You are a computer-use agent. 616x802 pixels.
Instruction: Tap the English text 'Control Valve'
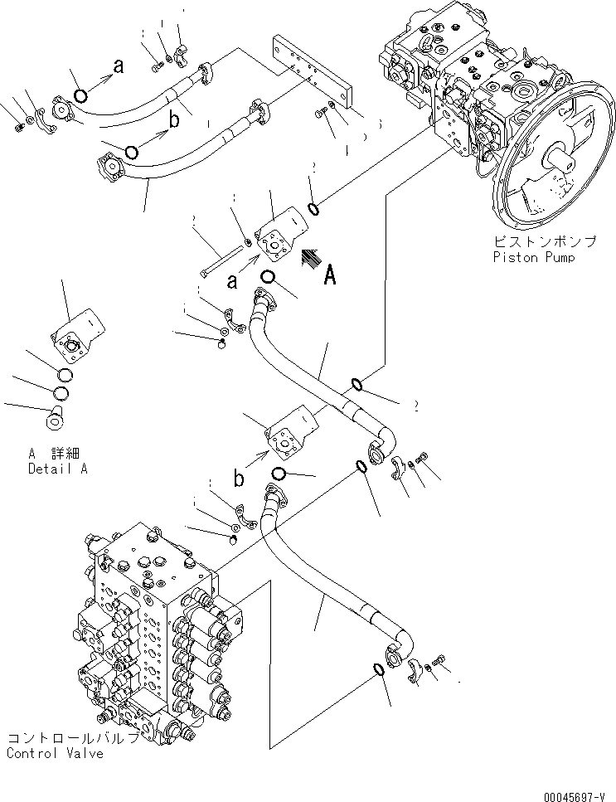(x=55, y=753)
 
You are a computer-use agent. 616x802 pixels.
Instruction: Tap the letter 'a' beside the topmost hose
(x=118, y=67)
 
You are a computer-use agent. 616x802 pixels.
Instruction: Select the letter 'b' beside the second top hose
(x=174, y=121)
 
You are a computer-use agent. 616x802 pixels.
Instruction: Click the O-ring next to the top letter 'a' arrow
(x=80, y=95)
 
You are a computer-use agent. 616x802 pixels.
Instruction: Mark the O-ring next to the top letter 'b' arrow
(x=131, y=151)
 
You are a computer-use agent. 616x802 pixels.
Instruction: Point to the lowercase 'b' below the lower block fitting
(x=238, y=479)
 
